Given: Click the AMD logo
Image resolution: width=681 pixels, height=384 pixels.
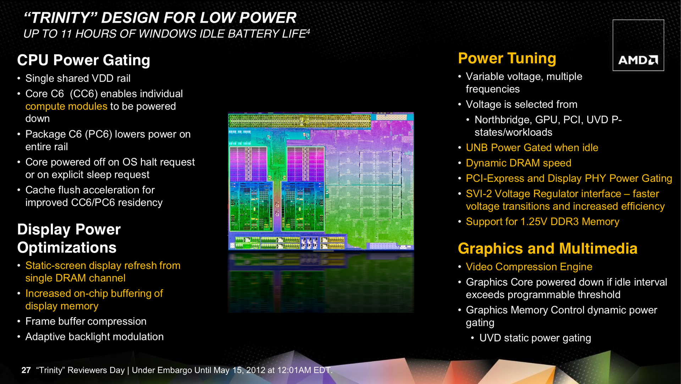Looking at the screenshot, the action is pyautogui.click(x=638, y=60).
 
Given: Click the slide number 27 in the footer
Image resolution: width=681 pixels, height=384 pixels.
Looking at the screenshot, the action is pyautogui.click(x=26, y=370).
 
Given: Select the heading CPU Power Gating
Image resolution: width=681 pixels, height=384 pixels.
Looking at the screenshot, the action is pyautogui.click(x=84, y=60).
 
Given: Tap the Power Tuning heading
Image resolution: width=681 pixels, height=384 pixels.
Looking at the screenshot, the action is pyautogui.click(x=507, y=59).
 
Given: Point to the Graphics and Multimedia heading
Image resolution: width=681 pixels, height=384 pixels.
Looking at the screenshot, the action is pyautogui.click(x=548, y=248).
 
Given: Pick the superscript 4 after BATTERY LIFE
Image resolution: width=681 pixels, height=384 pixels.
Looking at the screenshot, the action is pyautogui.click(x=308, y=31).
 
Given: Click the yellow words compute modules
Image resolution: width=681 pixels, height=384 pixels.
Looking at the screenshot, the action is pyautogui.click(x=66, y=106).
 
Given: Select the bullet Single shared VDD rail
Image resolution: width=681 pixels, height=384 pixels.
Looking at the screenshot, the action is pyautogui.click(x=78, y=78).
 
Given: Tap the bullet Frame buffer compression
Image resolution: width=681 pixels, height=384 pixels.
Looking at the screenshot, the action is pyautogui.click(x=86, y=321).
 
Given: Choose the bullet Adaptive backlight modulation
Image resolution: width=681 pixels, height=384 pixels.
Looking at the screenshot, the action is pyautogui.click(x=94, y=337).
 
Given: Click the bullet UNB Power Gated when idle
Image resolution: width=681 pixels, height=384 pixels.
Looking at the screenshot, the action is pyautogui.click(x=532, y=148).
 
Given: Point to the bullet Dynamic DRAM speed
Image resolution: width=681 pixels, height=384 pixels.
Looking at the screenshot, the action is pyautogui.click(x=519, y=163).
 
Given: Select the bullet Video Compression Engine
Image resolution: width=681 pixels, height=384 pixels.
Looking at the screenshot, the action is pyautogui.click(x=529, y=267).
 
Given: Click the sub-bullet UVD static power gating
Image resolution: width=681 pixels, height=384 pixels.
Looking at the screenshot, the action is pyautogui.click(x=535, y=338).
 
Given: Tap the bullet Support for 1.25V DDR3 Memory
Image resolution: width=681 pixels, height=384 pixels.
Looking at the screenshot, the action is pyautogui.click(x=543, y=222).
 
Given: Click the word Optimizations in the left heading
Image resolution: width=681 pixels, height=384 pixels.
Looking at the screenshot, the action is pyautogui.click(x=67, y=248).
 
